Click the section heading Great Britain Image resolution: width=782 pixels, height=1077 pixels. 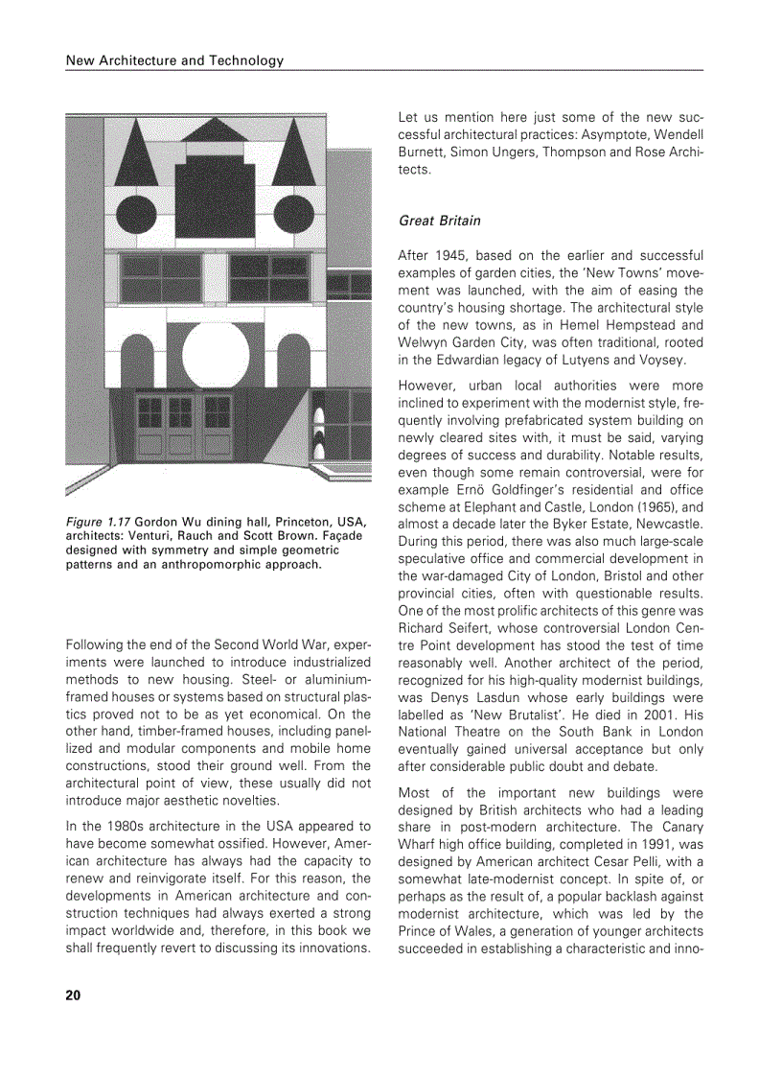[x=439, y=221]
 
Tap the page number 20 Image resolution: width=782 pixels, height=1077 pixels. [x=74, y=995]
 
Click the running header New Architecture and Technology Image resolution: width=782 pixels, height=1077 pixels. [x=174, y=60]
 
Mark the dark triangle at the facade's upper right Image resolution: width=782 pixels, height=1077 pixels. [x=295, y=152]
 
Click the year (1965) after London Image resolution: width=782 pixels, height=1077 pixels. [x=635, y=507]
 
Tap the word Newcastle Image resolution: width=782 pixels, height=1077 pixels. [x=671, y=525]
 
